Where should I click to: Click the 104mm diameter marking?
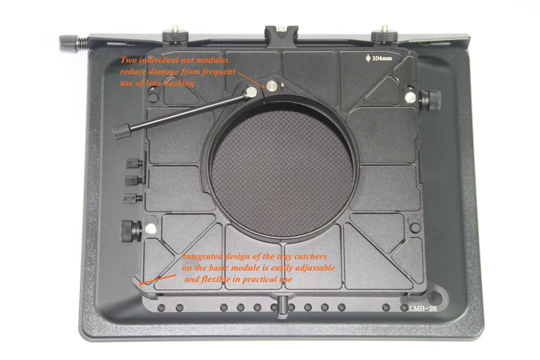point(379,58)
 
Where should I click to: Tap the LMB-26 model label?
point(423,308)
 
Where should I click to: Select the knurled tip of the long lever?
point(121,131)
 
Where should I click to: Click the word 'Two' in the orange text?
point(128,60)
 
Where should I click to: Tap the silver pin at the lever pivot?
point(252,92)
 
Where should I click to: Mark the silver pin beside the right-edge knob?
point(410,98)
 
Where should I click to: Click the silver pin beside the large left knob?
point(150,229)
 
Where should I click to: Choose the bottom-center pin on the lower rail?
point(283,306)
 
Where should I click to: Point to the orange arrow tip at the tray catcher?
point(140,284)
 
